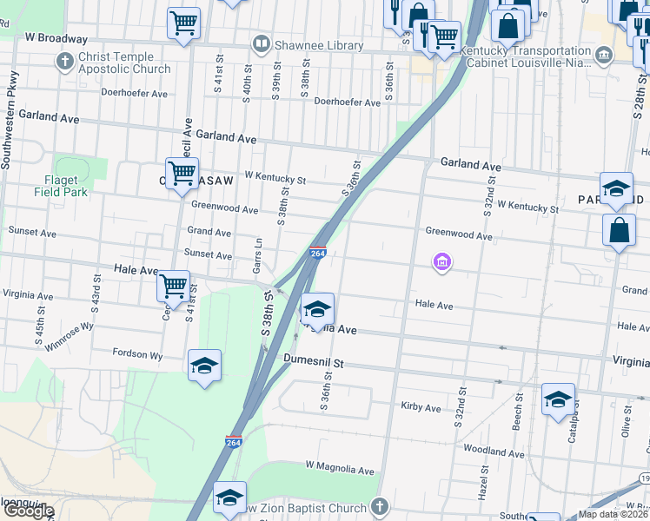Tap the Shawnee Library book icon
tap(261, 43)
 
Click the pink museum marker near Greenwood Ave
tap(442, 260)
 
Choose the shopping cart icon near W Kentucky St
tap(182, 172)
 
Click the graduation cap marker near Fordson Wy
tap(205, 365)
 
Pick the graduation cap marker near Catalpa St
tap(558, 399)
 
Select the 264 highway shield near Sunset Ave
tap(318, 254)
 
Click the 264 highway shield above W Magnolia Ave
tap(233, 442)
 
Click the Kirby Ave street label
tap(421, 406)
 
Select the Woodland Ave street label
tap(494, 452)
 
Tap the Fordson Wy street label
tap(137, 354)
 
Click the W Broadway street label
tap(56, 38)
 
